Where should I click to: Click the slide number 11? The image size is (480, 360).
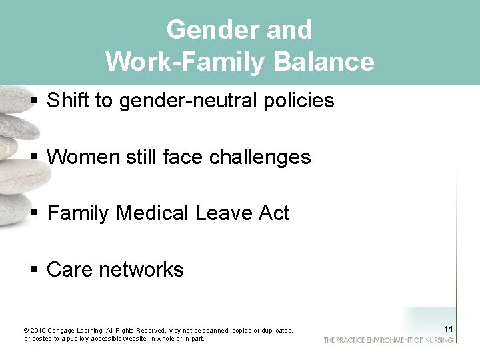(448, 329)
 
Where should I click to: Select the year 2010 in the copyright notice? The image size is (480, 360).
(38, 331)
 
